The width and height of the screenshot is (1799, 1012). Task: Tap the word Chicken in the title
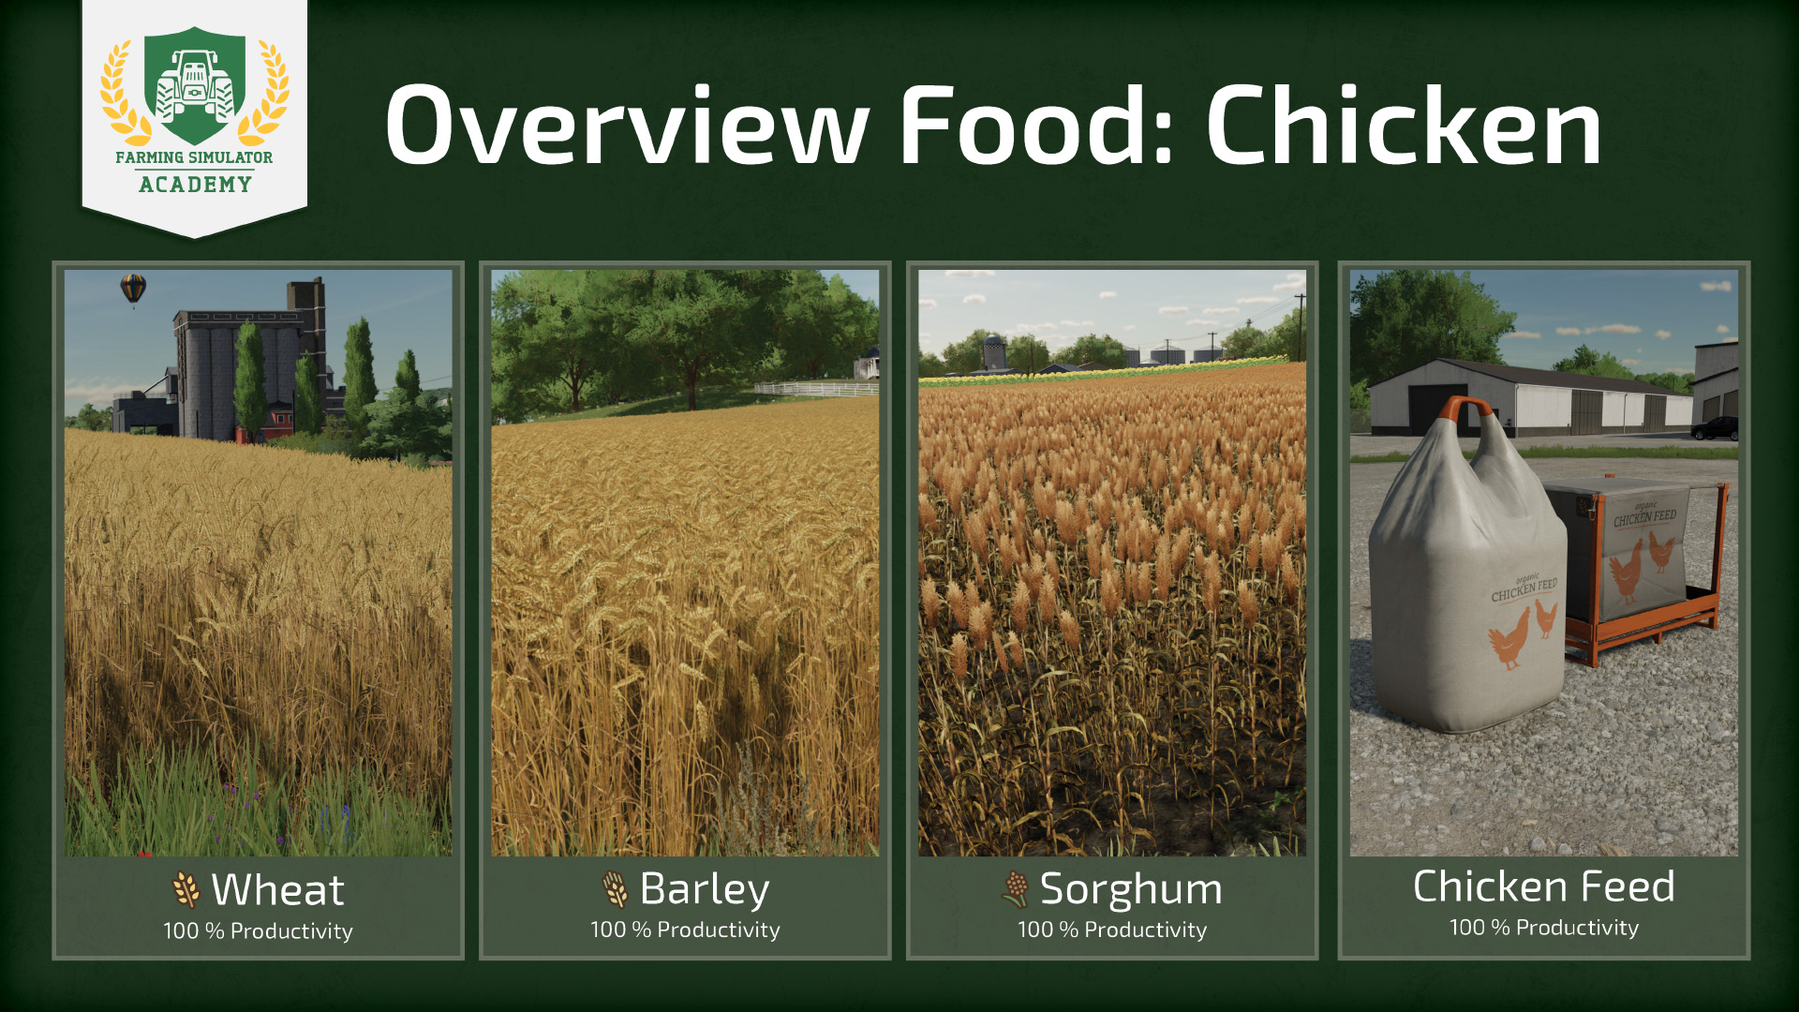click(1404, 126)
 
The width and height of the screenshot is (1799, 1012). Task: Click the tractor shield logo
click(195, 85)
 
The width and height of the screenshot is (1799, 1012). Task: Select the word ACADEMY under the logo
click(195, 185)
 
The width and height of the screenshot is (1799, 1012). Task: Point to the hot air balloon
click(133, 289)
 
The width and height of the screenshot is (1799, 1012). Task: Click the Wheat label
click(277, 889)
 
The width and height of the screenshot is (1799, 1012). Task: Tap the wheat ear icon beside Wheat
click(186, 889)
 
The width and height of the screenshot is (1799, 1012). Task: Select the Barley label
click(705, 889)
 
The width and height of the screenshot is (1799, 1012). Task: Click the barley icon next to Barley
click(615, 889)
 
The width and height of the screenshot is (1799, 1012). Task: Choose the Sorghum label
click(1131, 889)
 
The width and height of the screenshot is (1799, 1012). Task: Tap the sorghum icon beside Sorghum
click(1015, 889)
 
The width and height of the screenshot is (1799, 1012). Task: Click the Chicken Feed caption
click(1543, 885)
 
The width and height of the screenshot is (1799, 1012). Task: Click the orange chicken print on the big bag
click(1509, 638)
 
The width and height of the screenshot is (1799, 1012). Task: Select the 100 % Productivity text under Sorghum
click(1112, 930)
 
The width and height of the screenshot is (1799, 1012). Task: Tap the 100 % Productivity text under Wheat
click(258, 930)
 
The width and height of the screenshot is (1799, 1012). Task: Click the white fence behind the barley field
click(816, 389)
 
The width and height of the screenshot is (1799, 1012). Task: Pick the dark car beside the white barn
click(1715, 428)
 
